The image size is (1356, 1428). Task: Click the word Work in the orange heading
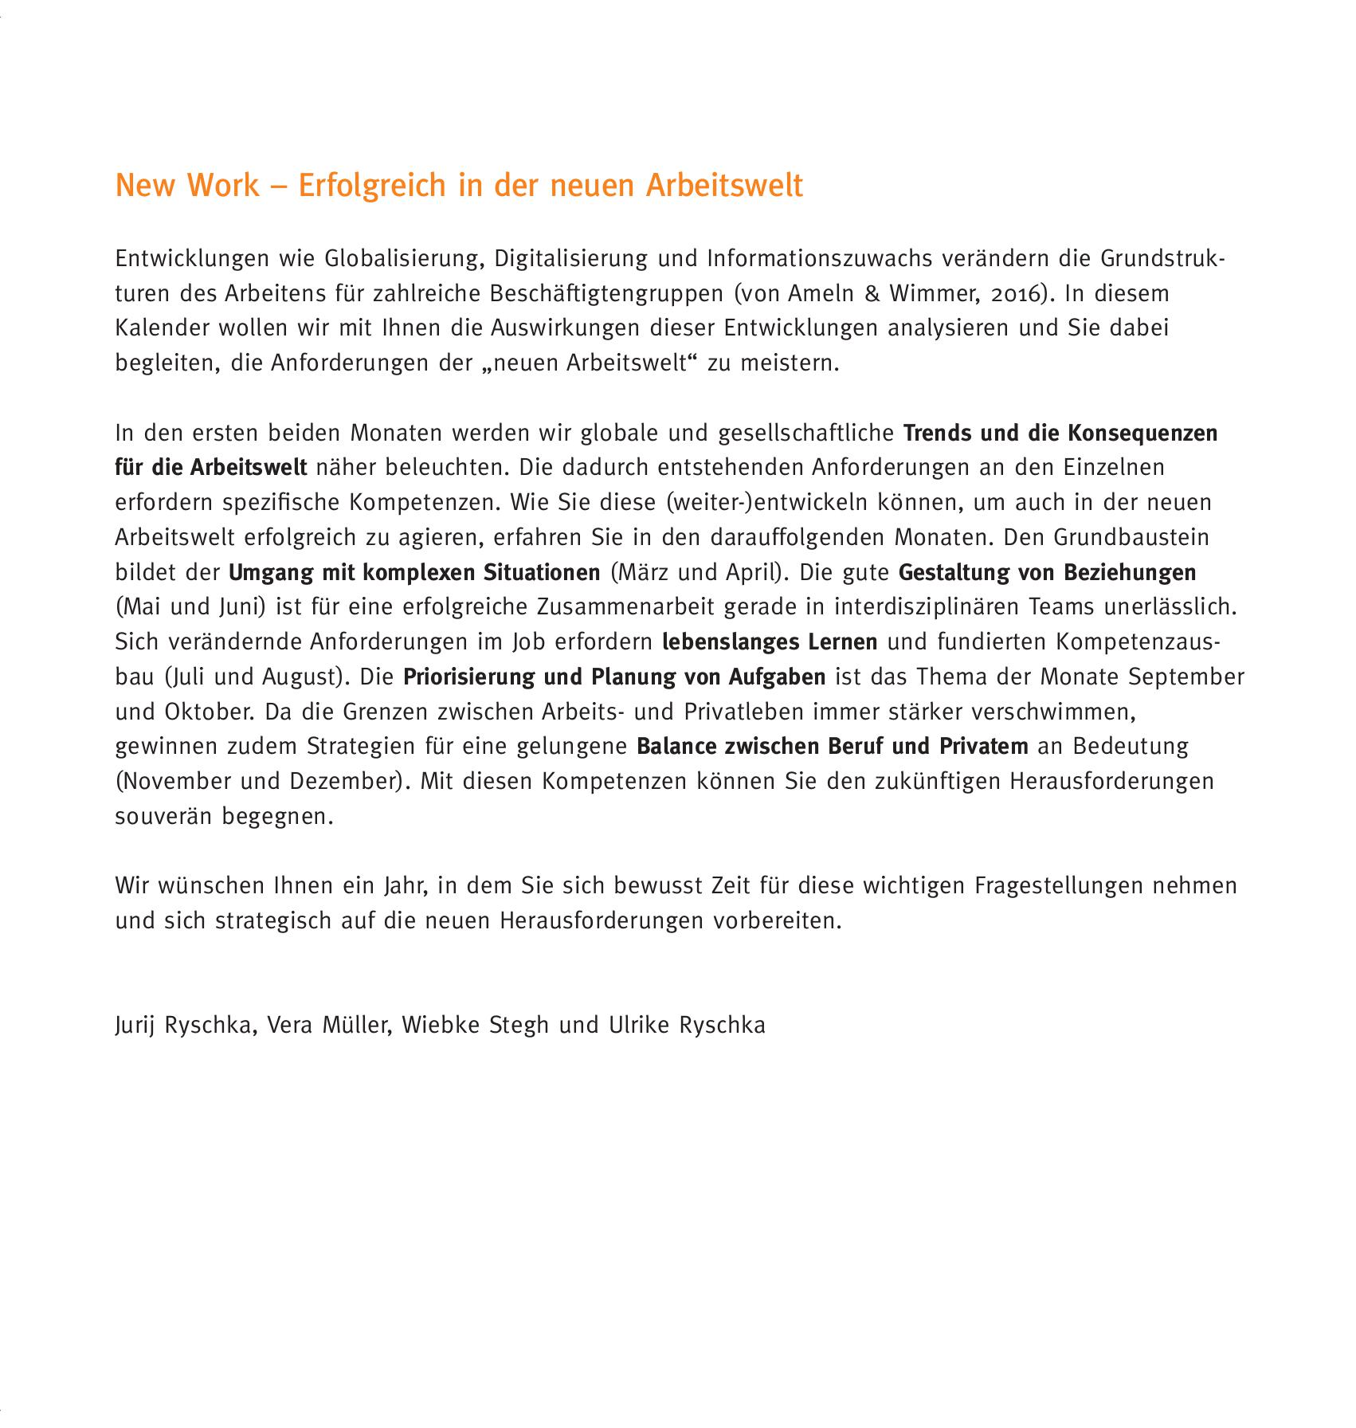[223, 186]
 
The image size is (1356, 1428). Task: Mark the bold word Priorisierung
[468, 677]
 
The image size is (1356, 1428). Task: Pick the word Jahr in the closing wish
[394, 886]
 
